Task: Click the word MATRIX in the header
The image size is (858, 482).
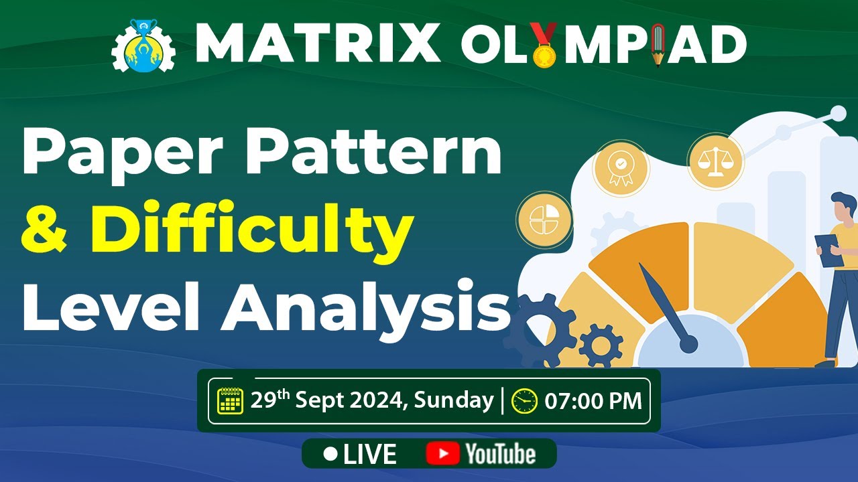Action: pos(318,44)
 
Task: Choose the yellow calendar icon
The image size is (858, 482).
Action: pos(230,401)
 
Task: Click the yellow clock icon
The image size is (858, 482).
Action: pos(524,401)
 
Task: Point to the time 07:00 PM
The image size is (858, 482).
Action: pos(593,401)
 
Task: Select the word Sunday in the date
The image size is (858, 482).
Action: pos(453,400)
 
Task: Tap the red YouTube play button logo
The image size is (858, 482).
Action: pos(442,454)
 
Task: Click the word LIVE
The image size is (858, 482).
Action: pos(369,454)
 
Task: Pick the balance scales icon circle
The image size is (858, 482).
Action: pos(715,161)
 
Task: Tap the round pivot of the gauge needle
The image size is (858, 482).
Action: pos(688,344)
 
